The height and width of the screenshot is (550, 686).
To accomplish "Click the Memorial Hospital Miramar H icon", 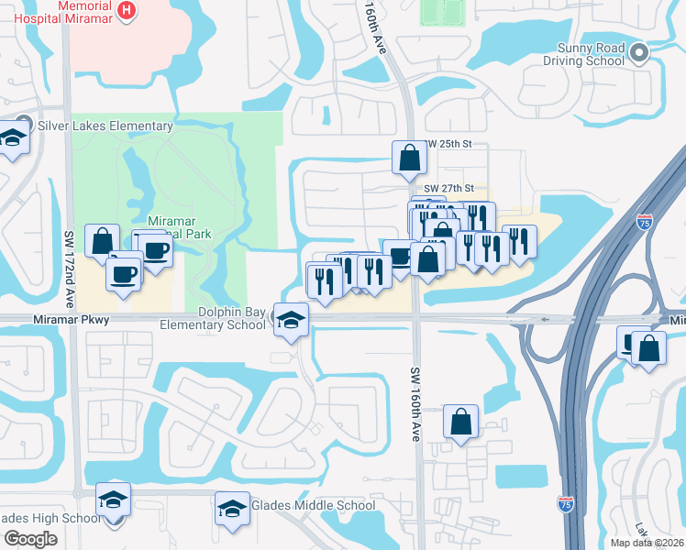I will [127, 11].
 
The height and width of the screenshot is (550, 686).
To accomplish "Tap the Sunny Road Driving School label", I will [591, 54].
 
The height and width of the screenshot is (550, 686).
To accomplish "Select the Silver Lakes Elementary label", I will [105, 126].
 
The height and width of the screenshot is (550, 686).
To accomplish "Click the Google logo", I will [30, 539].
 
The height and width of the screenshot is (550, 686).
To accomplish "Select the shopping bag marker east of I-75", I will [649, 348].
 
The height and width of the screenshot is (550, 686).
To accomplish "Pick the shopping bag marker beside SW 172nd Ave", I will [102, 240].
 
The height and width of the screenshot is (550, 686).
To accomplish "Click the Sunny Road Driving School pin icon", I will [639, 51].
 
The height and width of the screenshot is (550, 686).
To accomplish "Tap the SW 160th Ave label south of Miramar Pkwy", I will [415, 404].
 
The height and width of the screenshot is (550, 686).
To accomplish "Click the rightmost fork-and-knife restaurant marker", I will [519, 240].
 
